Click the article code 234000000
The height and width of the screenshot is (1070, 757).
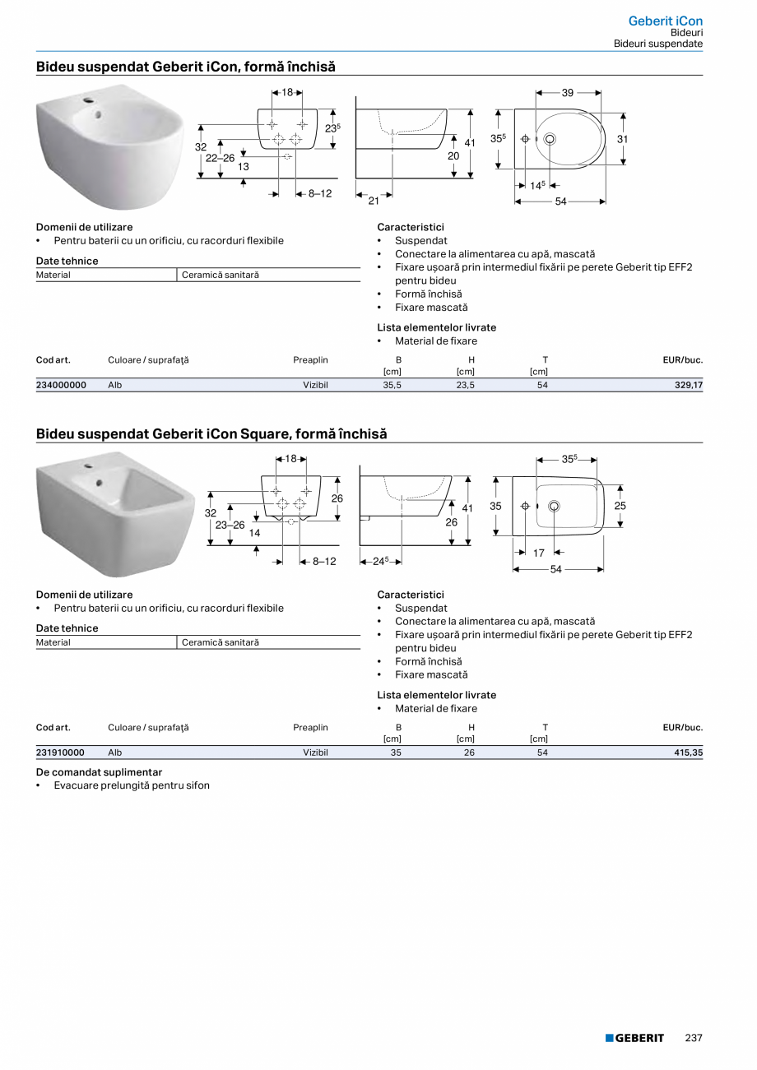coord(61,384)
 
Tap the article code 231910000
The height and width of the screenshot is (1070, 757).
coord(61,752)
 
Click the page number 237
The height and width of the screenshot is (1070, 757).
coord(694,1038)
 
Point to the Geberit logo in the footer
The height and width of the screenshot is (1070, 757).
coord(634,1038)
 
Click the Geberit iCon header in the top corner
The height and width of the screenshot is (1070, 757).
coord(665,21)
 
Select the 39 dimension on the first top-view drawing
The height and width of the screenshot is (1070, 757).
coord(568,93)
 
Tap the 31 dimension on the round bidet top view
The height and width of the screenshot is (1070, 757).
coord(622,139)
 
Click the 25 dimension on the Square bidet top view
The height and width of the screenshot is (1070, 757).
coord(620,506)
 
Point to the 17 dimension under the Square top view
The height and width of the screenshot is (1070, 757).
coord(539,554)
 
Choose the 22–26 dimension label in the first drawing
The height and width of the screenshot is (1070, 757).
coord(220,158)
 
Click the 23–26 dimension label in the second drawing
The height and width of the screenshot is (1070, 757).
coord(230,525)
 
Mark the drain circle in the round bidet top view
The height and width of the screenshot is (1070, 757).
coord(549,139)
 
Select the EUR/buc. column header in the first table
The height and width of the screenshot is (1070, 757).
coord(682,359)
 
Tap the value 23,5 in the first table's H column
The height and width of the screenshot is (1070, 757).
coord(465,384)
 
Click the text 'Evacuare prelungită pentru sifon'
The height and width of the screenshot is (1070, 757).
coord(132,785)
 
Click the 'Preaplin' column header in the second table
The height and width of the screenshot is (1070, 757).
coord(310,727)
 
